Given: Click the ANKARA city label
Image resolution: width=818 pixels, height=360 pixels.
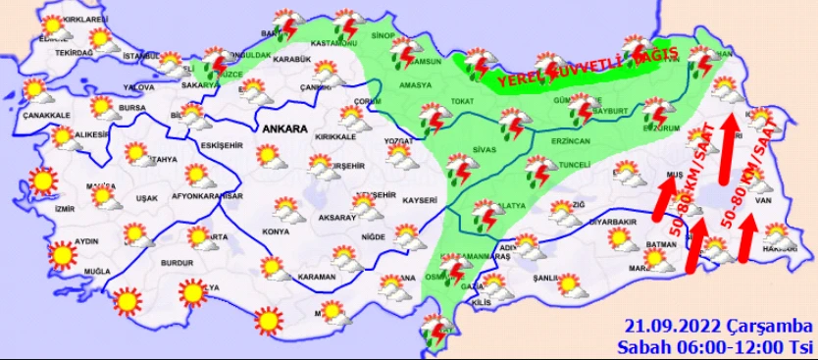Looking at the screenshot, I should click(x=285, y=128).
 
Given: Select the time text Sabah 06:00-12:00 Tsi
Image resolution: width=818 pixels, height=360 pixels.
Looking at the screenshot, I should click(x=716, y=346).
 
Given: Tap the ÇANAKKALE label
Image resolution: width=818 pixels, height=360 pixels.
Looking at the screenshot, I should click(x=47, y=115).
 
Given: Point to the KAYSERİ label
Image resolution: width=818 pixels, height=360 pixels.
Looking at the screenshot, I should click(x=419, y=199).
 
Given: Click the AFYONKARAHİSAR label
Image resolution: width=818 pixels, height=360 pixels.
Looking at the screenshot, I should click(x=205, y=196).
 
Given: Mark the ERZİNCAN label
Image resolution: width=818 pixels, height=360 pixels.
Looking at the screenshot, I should click(x=542, y=143).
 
